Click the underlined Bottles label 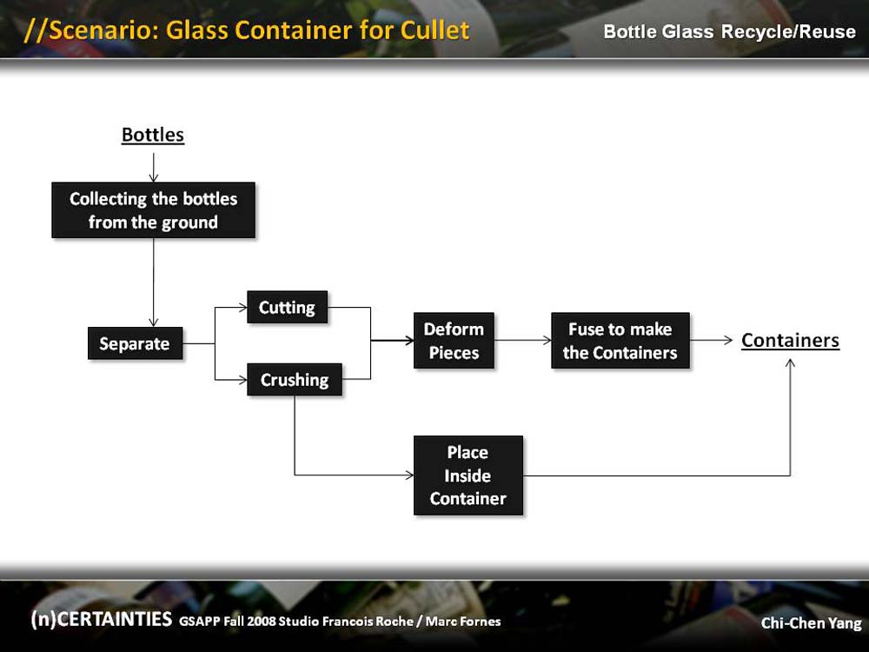point(153,135)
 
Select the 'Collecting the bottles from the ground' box point(154,210)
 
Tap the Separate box point(136,343)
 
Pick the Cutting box point(287,307)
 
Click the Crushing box point(295,380)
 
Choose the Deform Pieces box point(454,341)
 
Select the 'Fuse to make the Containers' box point(620,341)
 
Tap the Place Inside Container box point(468,476)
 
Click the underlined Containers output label point(790,341)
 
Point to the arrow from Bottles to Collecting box point(154,168)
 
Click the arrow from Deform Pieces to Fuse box point(522,341)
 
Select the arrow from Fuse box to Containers point(711,341)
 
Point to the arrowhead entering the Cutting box point(242,307)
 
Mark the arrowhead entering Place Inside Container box point(409,476)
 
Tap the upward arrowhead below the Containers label point(790,363)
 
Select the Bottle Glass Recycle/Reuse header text point(729,31)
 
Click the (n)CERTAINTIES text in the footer point(102,619)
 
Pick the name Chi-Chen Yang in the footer point(812,623)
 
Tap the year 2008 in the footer point(261,622)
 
